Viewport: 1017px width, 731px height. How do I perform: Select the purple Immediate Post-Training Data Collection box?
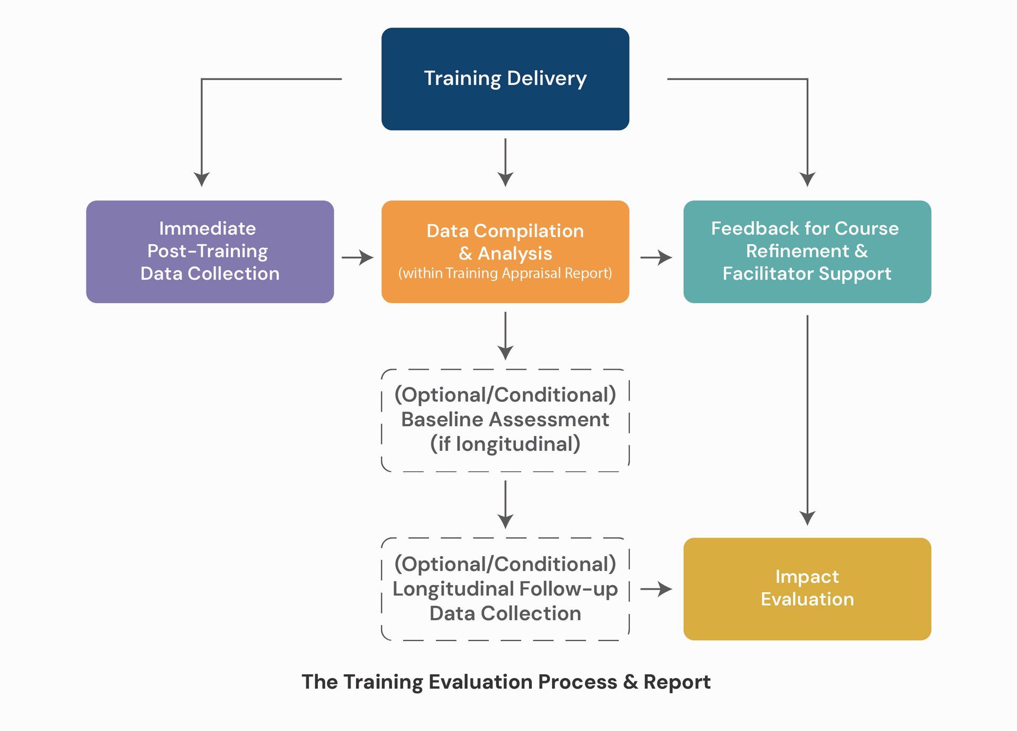[210, 252]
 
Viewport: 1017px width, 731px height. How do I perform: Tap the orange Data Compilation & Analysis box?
[505, 252]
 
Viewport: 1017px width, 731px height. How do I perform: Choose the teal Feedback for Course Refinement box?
[807, 252]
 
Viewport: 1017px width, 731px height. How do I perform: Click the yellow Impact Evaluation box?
[807, 589]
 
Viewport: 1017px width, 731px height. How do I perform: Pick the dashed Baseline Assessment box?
[505, 420]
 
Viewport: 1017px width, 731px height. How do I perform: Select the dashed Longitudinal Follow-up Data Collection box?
[505, 589]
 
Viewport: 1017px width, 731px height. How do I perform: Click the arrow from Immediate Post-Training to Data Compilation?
[358, 257]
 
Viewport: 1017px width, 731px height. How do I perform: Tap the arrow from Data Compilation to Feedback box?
[656, 257]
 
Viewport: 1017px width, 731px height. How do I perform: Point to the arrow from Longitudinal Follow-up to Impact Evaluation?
[656, 589]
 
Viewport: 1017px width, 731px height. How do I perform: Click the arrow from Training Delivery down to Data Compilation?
[505, 162]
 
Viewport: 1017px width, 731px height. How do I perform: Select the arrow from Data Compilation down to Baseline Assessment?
[505, 335]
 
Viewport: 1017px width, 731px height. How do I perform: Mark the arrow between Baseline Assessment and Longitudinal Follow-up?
[505, 504]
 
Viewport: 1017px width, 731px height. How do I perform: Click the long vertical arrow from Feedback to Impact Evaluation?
[807, 418]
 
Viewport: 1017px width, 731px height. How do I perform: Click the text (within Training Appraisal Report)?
[505, 273]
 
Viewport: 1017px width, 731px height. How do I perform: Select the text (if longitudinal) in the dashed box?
[505, 444]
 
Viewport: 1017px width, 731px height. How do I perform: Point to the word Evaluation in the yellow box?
[807, 599]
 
